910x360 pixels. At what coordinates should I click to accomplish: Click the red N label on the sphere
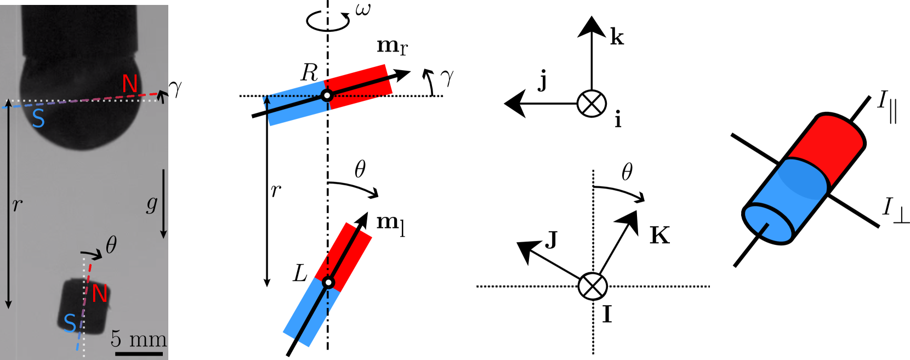130,84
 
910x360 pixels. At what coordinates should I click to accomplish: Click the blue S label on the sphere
38,118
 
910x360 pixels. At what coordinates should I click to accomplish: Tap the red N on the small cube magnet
99,294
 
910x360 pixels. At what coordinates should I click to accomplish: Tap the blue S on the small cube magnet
70,323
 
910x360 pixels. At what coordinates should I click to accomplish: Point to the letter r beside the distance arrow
18,204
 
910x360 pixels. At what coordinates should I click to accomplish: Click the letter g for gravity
152,203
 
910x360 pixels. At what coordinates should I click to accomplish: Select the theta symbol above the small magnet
111,244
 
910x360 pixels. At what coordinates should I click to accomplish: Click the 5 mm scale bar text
138,339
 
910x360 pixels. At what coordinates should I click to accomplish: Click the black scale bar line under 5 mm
139,354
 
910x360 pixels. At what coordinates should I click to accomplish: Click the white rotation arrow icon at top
328,20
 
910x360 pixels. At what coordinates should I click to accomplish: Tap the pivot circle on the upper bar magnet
327,95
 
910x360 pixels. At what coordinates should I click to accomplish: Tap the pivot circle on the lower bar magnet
328,283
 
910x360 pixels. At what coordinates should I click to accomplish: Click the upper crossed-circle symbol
591,104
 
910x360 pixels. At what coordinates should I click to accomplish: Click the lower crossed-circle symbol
593,286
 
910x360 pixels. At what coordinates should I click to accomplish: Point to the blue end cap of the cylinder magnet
768,224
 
